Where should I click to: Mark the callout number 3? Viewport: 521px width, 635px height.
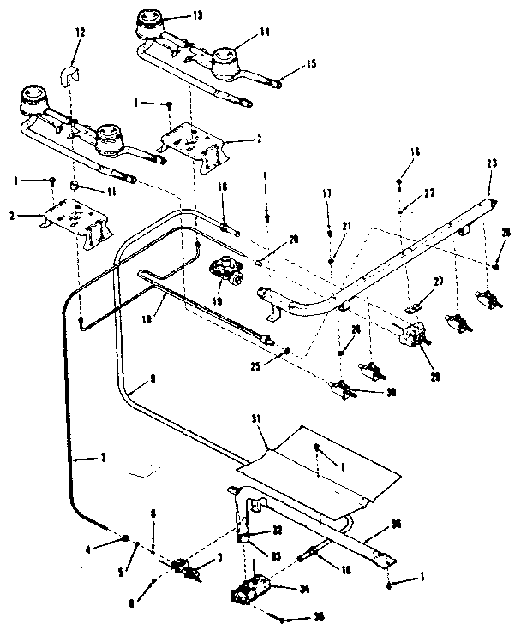[x=104, y=460]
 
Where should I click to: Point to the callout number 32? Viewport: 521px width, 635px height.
[x=278, y=531]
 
